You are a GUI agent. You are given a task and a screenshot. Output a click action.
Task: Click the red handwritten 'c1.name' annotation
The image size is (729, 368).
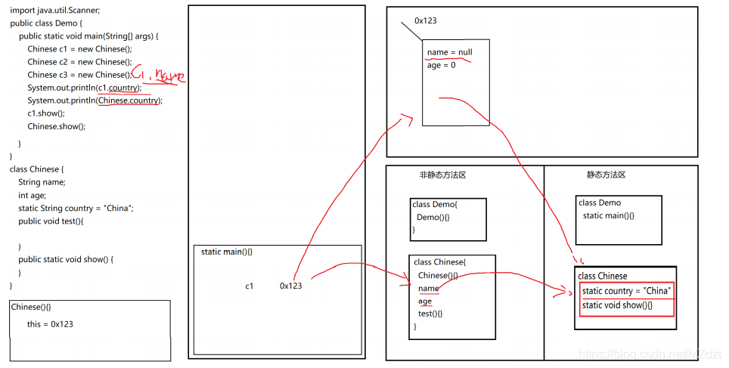[158, 75]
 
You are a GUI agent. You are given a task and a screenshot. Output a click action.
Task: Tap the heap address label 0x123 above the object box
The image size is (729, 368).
[425, 20]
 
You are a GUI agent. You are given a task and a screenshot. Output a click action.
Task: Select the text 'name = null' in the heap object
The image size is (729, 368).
[449, 53]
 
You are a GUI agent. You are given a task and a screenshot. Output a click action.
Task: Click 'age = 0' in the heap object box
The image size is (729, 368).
[441, 66]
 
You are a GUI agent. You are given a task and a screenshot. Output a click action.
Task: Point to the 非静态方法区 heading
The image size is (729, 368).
[442, 175]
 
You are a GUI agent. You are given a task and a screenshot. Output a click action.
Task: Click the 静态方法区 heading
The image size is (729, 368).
[606, 175]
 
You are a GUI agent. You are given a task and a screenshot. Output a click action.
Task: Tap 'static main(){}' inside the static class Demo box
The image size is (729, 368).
[608, 216]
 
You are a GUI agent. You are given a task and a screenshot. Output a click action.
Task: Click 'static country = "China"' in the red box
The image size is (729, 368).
[626, 291]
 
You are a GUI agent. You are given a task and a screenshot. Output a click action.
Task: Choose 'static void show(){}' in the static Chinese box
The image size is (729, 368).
[617, 305]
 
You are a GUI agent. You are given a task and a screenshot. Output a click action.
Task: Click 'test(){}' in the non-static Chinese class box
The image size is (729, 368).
[430, 314]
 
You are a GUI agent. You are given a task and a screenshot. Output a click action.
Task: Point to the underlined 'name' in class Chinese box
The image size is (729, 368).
[428, 288]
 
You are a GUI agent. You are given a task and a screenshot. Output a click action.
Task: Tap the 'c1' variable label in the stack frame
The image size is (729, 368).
[250, 286]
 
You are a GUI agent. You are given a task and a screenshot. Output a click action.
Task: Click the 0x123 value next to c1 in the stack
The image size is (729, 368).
[290, 286]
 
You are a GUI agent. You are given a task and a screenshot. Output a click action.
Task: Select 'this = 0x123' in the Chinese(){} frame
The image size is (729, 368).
[50, 324]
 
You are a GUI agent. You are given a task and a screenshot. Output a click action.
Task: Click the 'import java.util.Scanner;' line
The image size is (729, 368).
[54, 11]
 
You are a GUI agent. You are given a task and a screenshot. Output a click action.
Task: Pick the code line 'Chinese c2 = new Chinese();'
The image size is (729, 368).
[79, 62]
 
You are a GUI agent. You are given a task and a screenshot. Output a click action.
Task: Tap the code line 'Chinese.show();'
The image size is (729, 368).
[57, 126]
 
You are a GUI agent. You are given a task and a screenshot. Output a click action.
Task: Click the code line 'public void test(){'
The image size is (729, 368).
[51, 221]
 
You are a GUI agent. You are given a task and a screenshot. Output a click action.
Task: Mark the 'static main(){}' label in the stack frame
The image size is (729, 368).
[226, 252]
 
